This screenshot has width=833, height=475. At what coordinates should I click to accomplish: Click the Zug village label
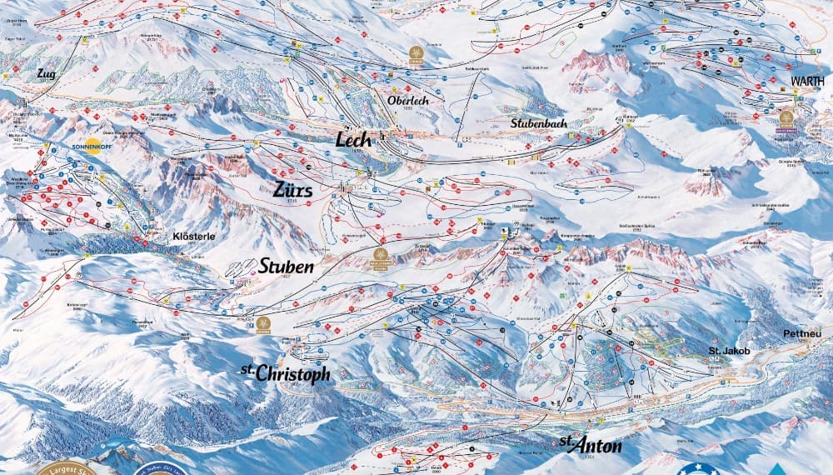point(45,74)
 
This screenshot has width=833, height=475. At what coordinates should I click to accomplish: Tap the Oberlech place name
point(408,100)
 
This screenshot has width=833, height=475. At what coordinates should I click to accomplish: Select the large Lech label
point(353,140)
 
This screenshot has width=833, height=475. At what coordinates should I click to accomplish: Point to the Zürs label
point(292,190)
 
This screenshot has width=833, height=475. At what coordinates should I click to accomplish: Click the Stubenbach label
point(539,123)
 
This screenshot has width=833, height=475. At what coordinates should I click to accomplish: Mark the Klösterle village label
point(193,236)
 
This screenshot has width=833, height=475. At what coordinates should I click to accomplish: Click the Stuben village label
point(286,267)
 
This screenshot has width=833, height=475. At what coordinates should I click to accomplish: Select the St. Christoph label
point(286,373)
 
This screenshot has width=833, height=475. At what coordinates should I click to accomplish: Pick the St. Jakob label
point(729,351)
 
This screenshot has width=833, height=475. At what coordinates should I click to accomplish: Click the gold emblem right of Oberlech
point(415,54)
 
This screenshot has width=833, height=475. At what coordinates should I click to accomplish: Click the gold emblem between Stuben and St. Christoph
point(264,322)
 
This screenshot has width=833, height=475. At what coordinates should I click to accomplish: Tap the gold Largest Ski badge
point(62,467)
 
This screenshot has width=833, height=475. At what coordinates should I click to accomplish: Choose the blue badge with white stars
point(698,468)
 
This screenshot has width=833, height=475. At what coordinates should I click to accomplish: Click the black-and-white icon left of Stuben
point(242,267)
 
